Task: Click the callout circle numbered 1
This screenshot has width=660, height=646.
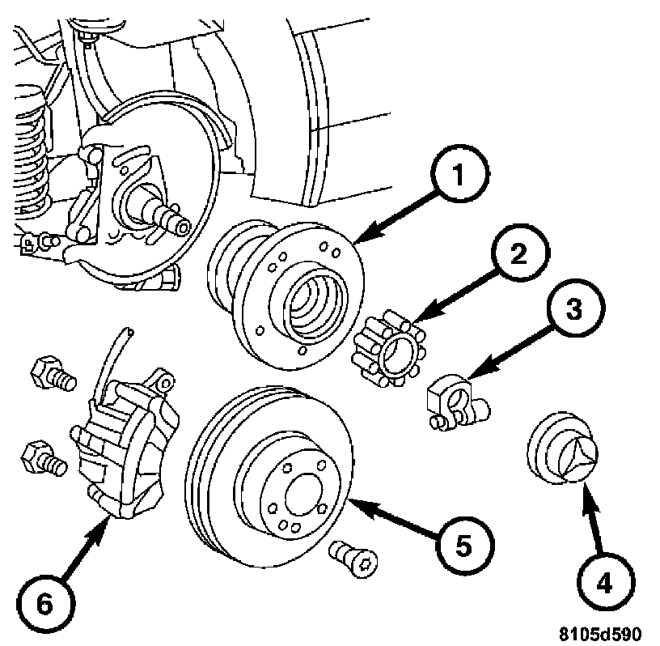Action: tap(459, 173)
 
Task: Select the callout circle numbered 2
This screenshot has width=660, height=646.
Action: tap(519, 253)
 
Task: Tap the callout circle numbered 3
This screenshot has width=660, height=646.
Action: tap(575, 308)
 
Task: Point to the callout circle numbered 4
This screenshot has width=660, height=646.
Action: tap(605, 582)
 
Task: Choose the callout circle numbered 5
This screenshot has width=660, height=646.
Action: tap(464, 546)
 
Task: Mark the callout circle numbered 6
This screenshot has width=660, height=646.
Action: tap(45, 603)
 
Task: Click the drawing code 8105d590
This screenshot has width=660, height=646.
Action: tap(601, 633)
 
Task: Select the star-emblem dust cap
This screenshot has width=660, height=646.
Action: tap(562, 448)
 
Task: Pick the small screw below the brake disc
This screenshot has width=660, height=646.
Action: tap(353, 559)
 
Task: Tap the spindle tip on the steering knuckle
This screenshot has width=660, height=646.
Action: tap(183, 228)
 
